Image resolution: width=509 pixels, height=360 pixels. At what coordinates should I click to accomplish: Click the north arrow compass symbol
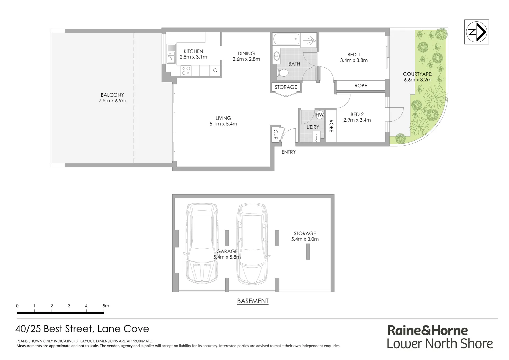477,32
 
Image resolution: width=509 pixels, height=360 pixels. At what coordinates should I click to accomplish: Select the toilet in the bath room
283,73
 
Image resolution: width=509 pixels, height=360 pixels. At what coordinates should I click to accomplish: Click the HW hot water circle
319,115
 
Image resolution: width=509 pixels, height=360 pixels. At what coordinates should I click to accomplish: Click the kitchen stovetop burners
186,70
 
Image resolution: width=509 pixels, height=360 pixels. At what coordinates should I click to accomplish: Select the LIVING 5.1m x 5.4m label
223,121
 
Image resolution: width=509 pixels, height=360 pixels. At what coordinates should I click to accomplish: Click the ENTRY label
288,152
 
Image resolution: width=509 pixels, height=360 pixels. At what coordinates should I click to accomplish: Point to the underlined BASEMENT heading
253,301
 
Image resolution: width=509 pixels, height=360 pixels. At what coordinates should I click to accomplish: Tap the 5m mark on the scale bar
106,306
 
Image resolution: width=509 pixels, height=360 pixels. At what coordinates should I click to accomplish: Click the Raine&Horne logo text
427,331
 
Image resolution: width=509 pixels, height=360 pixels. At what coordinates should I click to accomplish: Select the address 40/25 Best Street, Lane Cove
82,329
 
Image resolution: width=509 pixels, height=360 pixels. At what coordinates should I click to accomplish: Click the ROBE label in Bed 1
360,86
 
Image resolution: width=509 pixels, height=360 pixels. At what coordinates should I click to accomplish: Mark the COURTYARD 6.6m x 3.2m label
417,77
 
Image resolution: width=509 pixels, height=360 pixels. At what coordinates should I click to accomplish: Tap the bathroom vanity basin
276,56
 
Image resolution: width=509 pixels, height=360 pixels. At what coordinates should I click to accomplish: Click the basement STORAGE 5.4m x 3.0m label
304,236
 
